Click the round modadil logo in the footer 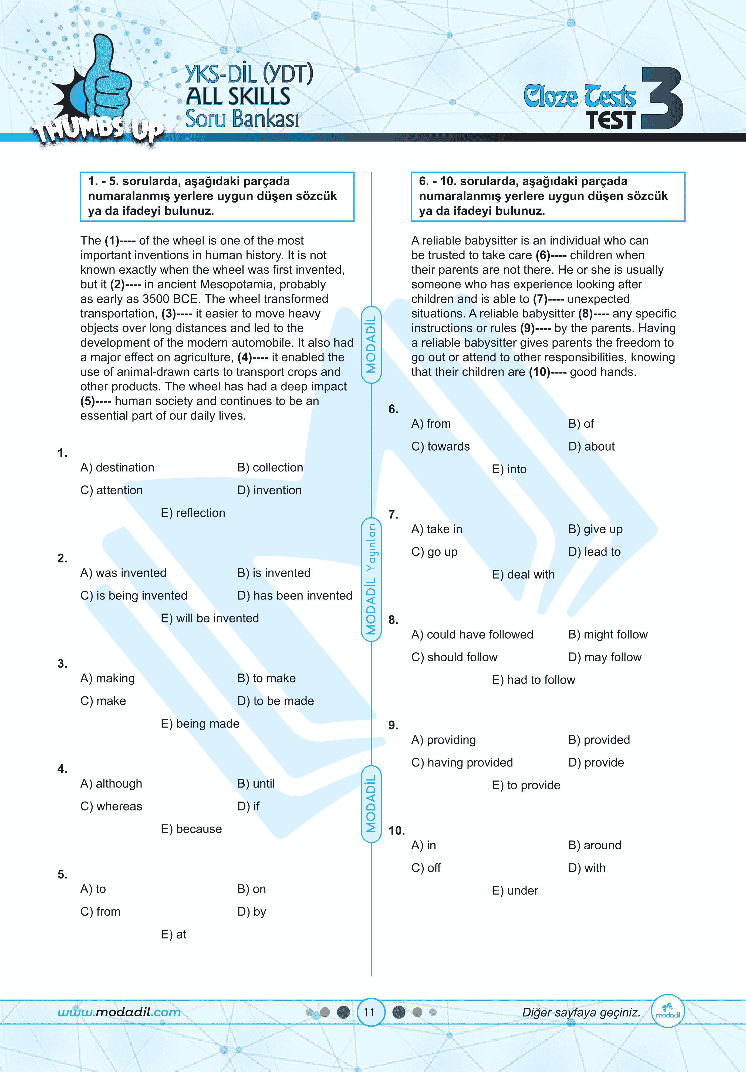pyautogui.click(x=668, y=1011)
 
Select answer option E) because pyautogui.click(x=191, y=829)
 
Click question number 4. pyautogui.click(x=62, y=769)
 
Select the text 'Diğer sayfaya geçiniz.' pyautogui.click(x=581, y=1012)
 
